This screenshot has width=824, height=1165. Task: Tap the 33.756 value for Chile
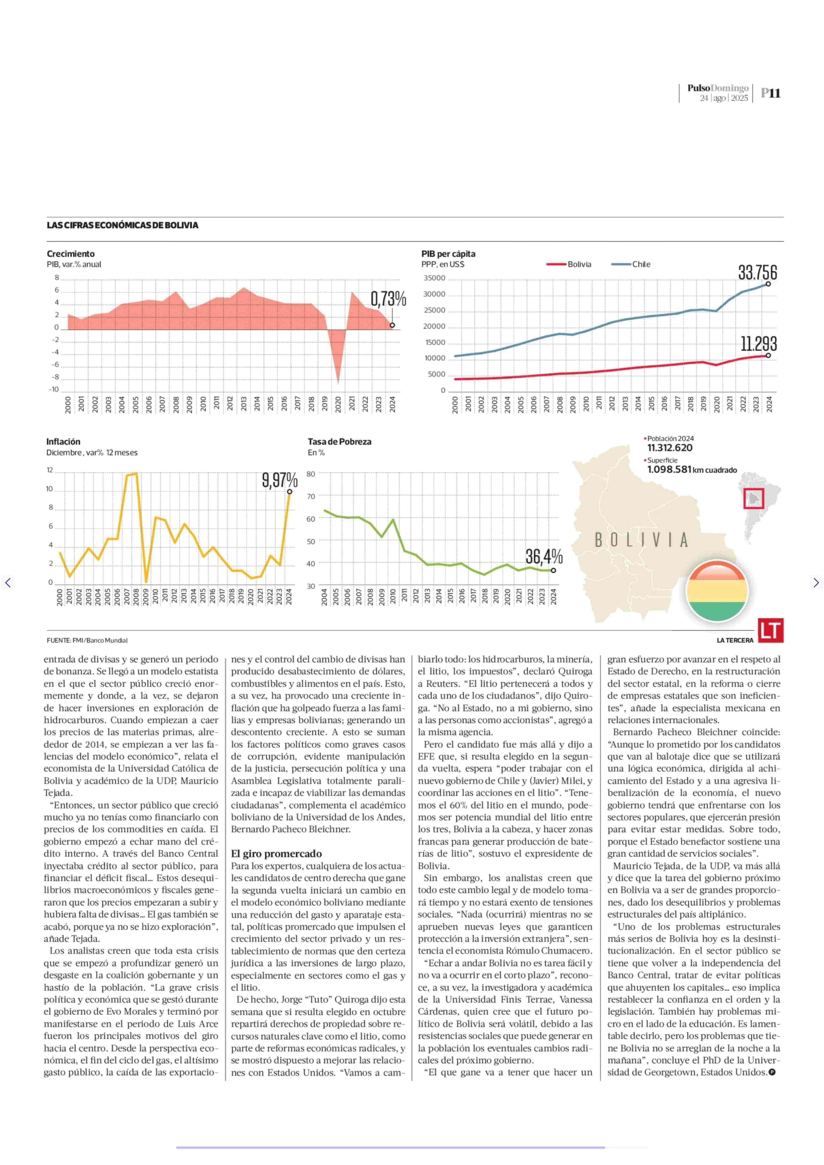pos(757,273)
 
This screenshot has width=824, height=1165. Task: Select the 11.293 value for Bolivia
pos(758,344)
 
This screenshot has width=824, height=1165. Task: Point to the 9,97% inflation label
pos(280,480)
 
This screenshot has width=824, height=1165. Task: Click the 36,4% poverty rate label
pos(544,557)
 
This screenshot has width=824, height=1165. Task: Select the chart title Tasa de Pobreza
pos(339,442)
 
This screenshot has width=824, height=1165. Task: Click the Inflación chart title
pos(63,442)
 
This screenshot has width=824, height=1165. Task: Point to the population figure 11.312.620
pos(670,448)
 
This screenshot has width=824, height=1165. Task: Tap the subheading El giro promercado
pos(276,854)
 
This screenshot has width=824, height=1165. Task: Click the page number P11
pos(771,93)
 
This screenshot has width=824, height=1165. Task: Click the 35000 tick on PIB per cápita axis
pos(434,278)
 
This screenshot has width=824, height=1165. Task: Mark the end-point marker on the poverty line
pos(553,571)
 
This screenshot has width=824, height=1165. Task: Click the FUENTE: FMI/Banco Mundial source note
pos(87,641)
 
